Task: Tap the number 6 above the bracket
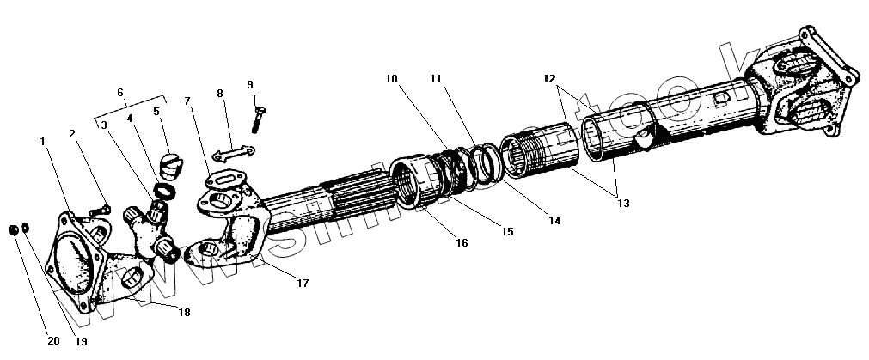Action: point(120,93)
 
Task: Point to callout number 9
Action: point(250,84)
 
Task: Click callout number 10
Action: point(392,78)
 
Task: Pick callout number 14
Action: point(555,221)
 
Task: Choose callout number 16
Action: point(462,243)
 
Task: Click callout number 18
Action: point(183,313)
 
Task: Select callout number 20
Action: point(53,341)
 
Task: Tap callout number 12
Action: point(549,78)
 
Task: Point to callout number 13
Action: point(623,204)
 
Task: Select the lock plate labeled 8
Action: point(232,153)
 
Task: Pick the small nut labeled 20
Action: point(12,229)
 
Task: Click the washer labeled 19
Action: point(25,229)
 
